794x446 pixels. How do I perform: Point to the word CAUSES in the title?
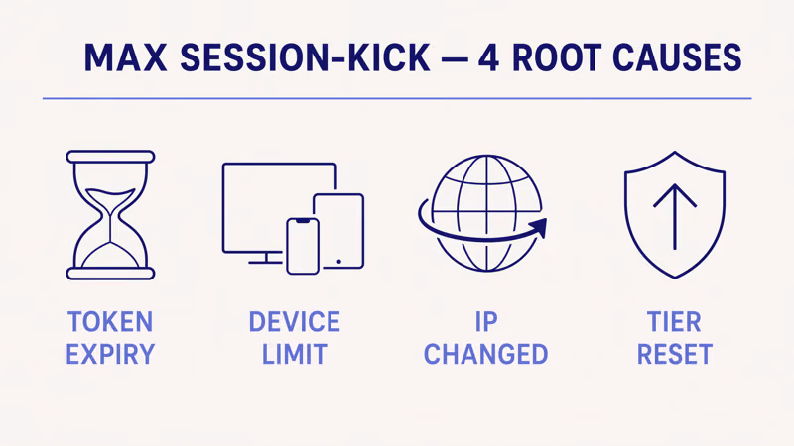click(684, 58)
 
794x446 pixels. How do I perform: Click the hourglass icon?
click(110, 215)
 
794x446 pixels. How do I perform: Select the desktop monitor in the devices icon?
click(263, 203)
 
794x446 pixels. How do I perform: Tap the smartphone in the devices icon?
click(303, 245)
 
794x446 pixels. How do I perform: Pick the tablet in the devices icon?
click(339, 231)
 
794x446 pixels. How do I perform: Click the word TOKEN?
click(110, 322)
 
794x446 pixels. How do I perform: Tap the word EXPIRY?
click(110, 354)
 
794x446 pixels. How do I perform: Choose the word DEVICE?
click(294, 322)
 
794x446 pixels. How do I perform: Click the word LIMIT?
click(294, 354)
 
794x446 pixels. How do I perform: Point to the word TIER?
click(674, 322)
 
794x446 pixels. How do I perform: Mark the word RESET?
click(674, 354)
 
